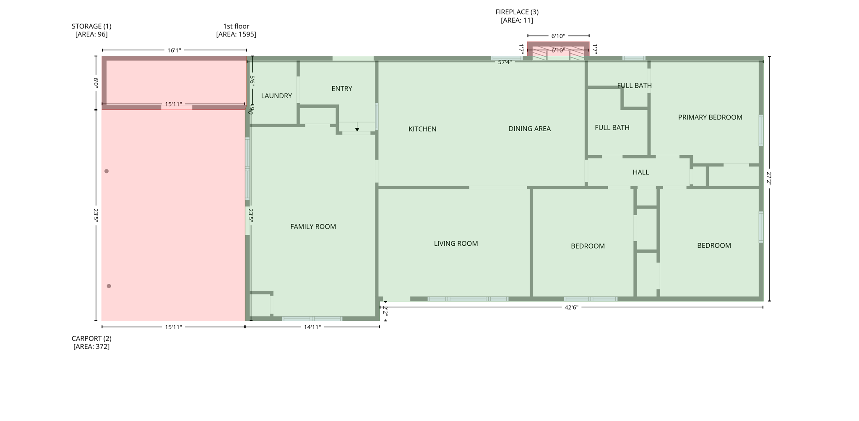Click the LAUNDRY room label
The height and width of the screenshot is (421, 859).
click(276, 96)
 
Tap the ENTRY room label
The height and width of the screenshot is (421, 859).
click(341, 89)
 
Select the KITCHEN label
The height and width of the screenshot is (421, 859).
click(422, 129)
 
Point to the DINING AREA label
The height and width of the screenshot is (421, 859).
click(529, 129)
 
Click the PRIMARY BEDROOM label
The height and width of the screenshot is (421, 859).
click(710, 117)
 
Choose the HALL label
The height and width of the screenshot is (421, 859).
click(640, 172)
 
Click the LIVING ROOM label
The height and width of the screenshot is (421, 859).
click(456, 244)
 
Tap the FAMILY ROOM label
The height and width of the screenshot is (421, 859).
click(313, 227)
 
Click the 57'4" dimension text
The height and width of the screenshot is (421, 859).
click(505, 62)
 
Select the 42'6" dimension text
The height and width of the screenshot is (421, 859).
click(571, 307)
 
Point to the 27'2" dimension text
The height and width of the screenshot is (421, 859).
click(769, 178)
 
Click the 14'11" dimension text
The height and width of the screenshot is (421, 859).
click(312, 327)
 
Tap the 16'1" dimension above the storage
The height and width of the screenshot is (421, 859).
click(174, 50)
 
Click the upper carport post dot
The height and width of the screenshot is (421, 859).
click(107, 171)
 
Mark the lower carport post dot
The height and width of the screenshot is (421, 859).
click(109, 286)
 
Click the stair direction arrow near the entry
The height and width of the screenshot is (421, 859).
click(357, 128)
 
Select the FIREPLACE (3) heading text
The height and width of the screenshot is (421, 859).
click(517, 12)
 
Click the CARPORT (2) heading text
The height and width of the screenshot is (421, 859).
click(91, 338)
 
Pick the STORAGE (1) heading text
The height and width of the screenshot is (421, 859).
click(91, 26)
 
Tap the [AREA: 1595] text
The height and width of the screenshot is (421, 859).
click(236, 34)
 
